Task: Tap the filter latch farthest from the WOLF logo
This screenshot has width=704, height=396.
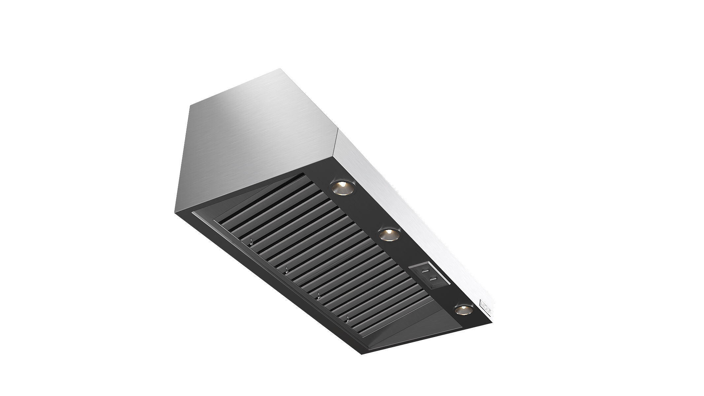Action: (x=251, y=243)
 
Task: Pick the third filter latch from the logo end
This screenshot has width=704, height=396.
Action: (x=286, y=271)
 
